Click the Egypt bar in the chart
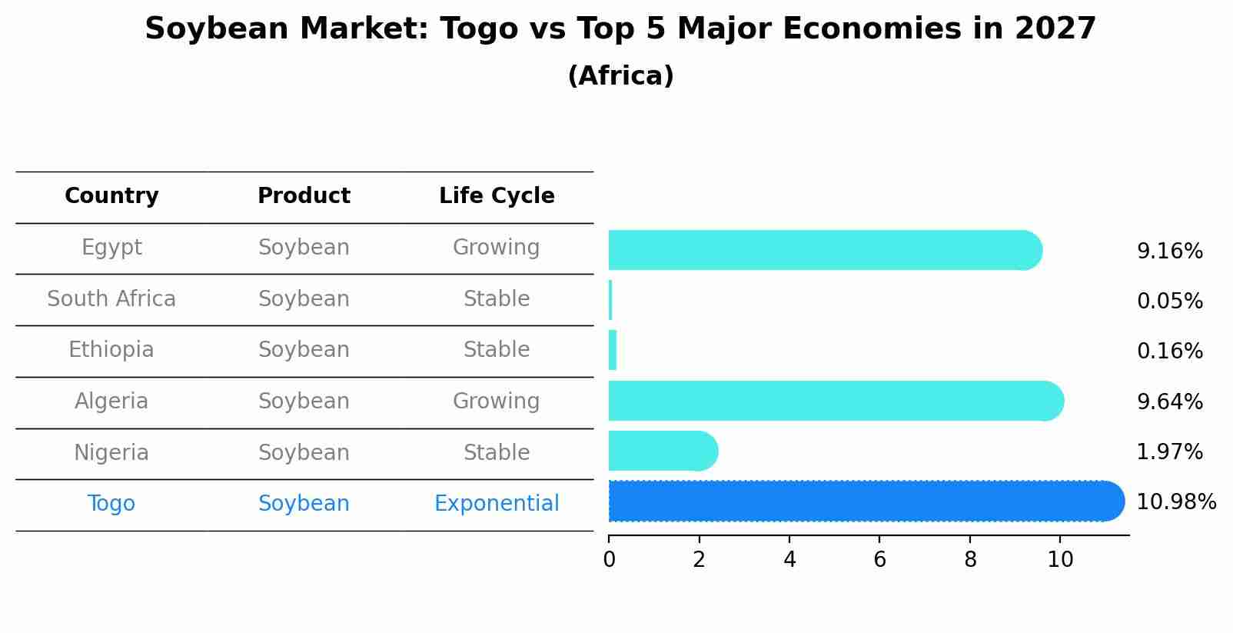(825, 250)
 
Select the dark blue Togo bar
(866, 501)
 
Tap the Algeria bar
(836, 401)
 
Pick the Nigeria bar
(663, 451)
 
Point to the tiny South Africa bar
(610, 300)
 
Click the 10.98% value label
(1176, 501)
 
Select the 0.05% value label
(1170, 301)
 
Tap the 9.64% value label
(1170, 401)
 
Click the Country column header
(111, 195)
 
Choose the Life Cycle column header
(497, 195)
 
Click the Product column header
(304, 195)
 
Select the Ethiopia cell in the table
(111, 349)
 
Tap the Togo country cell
(111, 503)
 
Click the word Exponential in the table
(497, 503)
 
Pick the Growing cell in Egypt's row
(497, 248)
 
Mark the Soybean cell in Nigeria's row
(304, 452)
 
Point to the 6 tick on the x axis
(879, 559)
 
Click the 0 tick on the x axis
(609, 559)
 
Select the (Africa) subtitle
(620, 75)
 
